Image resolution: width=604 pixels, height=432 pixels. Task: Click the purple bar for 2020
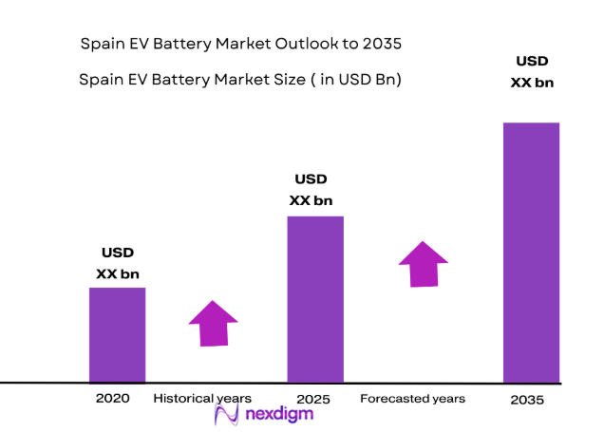[x=117, y=334]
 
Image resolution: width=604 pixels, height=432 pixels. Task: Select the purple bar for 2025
[x=315, y=299]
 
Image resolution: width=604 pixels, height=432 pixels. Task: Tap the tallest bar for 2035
[x=531, y=252]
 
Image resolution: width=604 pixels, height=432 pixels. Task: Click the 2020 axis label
[x=112, y=399]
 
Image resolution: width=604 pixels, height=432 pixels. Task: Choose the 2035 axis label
[x=527, y=400]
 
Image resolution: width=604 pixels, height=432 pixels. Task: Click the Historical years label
[x=202, y=399]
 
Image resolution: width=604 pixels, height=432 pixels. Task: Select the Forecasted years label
[x=412, y=399]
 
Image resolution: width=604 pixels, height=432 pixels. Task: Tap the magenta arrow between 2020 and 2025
[x=213, y=324]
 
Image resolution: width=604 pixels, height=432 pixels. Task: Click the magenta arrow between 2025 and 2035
[x=423, y=263]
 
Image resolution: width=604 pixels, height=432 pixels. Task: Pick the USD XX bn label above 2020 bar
[x=118, y=263]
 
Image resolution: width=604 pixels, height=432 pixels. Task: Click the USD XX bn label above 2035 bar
[x=532, y=72]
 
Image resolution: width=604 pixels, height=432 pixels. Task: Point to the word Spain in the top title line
[x=103, y=44]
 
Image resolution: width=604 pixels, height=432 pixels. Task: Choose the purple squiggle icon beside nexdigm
[x=227, y=414]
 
